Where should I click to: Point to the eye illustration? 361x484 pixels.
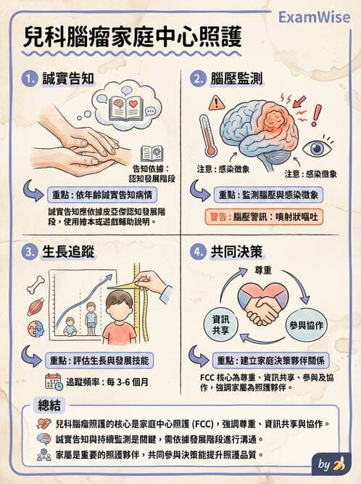pyautogui.click(x=316, y=148)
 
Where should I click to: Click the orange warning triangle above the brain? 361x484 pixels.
pyautogui.click(x=217, y=103)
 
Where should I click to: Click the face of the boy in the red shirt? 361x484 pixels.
pyautogui.click(x=118, y=305)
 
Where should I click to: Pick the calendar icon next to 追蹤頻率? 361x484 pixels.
pyautogui.click(x=53, y=381)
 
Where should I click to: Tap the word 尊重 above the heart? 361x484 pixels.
pyautogui.click(x=262, y=269)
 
